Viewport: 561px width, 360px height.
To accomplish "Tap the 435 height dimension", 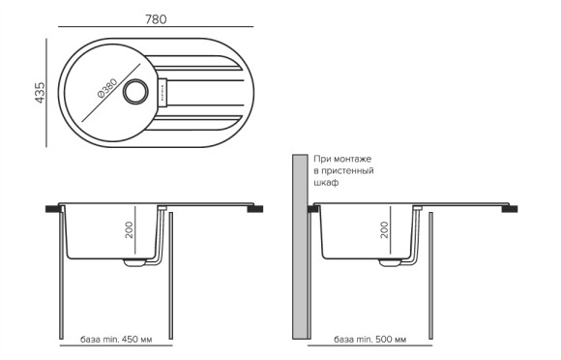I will pyautogui.click(x=40, y=93).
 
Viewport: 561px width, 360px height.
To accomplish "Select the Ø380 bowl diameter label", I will pyautogui.click(x=107, y=93).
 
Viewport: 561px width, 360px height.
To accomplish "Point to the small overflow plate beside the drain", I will pyautogui.click(x=162, y=92).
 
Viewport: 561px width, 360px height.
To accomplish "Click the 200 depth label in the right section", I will pyautogui.click(x=385, y=229).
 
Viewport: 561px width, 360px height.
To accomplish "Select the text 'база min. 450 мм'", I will pyautogui.click(x=116, y=341).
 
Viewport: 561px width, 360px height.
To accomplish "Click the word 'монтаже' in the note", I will pyautogui.click(x=353, y=158).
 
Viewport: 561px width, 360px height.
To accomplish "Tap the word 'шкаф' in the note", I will pyautogui.click(x=327, y=182).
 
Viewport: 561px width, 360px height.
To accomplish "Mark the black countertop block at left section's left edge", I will pyautogui.click(x=53, y=207).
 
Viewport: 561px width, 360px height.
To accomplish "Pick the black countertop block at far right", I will pyautogui.click(x=511, y=207).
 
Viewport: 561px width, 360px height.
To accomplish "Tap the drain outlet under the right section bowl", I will pyautogui.click(x=389, y=261).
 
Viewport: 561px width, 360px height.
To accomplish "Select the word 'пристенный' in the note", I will pyautogui.click(x=349, y=170).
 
